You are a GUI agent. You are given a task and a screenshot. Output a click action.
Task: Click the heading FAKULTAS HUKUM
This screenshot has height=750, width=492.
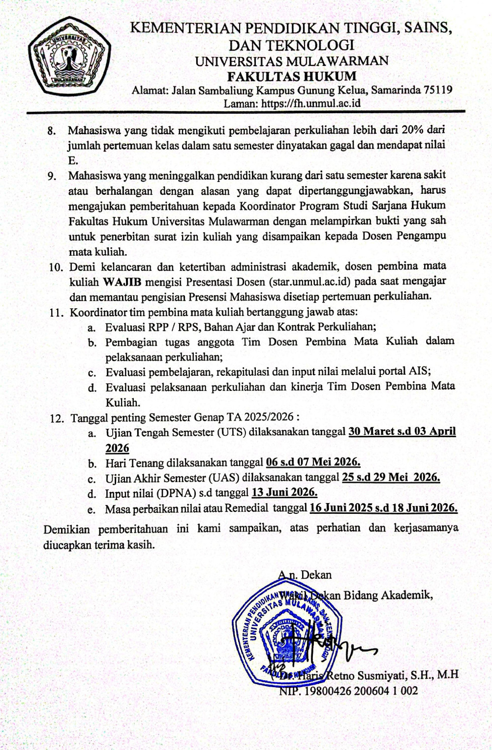pos(291,76)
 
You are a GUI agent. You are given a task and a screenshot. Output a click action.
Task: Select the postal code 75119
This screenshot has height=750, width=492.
pos(438,90)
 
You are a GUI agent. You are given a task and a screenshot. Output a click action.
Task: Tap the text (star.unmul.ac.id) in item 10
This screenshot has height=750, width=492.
pos(309,282)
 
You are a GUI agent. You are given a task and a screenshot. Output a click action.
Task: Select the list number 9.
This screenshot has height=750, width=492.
pos(52,176)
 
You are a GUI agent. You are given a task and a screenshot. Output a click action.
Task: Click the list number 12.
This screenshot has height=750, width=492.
pos(57,419)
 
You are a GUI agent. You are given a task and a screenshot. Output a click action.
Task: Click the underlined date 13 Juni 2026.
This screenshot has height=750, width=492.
pos(284,492)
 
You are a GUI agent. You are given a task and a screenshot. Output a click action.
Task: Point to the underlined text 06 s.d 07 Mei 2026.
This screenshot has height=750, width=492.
pos(313,462)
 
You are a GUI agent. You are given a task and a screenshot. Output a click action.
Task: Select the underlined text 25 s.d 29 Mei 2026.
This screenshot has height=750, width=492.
pos(390,477)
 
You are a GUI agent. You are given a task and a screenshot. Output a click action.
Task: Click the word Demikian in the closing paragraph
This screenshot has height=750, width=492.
pos(66,529)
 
